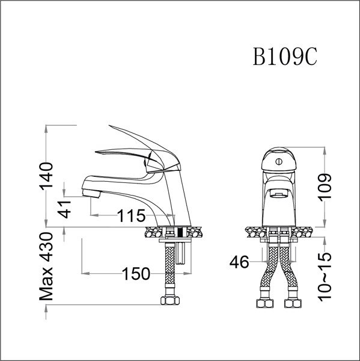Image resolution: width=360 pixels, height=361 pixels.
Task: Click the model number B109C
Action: click(x=285, y=58)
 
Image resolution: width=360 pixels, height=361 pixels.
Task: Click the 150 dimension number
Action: click(x=136, y=274)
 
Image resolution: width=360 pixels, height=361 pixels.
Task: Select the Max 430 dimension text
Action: click(x=50, y=267)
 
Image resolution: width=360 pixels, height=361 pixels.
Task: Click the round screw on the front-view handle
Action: click(x=278, y=162)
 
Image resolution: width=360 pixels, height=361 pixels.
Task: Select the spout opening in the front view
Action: click(x=278, y=194)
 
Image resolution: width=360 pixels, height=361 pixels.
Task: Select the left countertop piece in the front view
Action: click(x=255, y=231)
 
